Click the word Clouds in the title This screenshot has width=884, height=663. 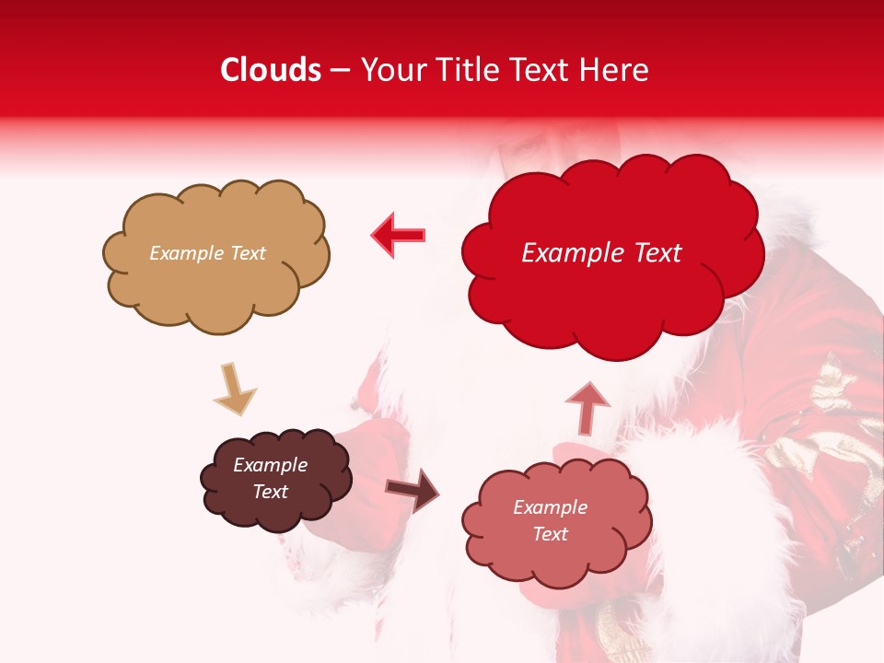pyautogui.click(x=271, y=70)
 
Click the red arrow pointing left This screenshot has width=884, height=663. pyautogui.click(x=398, y=236)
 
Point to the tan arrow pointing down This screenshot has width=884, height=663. pyautogui.click(x=234, y=389)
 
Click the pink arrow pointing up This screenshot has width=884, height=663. pyautogui.click(x=587, y=406)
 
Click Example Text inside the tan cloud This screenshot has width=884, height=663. pyautogui.click(x=207, y=253)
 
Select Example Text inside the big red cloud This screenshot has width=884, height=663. pyautogui.click(x=601, y=253)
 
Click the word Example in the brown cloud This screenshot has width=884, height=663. pyautogui.click(x=270, y=465)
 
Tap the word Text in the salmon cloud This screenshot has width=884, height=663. pyautogui.click(x=550, y=534)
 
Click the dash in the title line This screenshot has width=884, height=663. pyautogui.click(x=340, y=71)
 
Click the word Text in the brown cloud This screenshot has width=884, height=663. pyautogui.click(x=270, y=492)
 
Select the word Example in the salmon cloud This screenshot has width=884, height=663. pyautogui.click(x=550, y=507)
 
